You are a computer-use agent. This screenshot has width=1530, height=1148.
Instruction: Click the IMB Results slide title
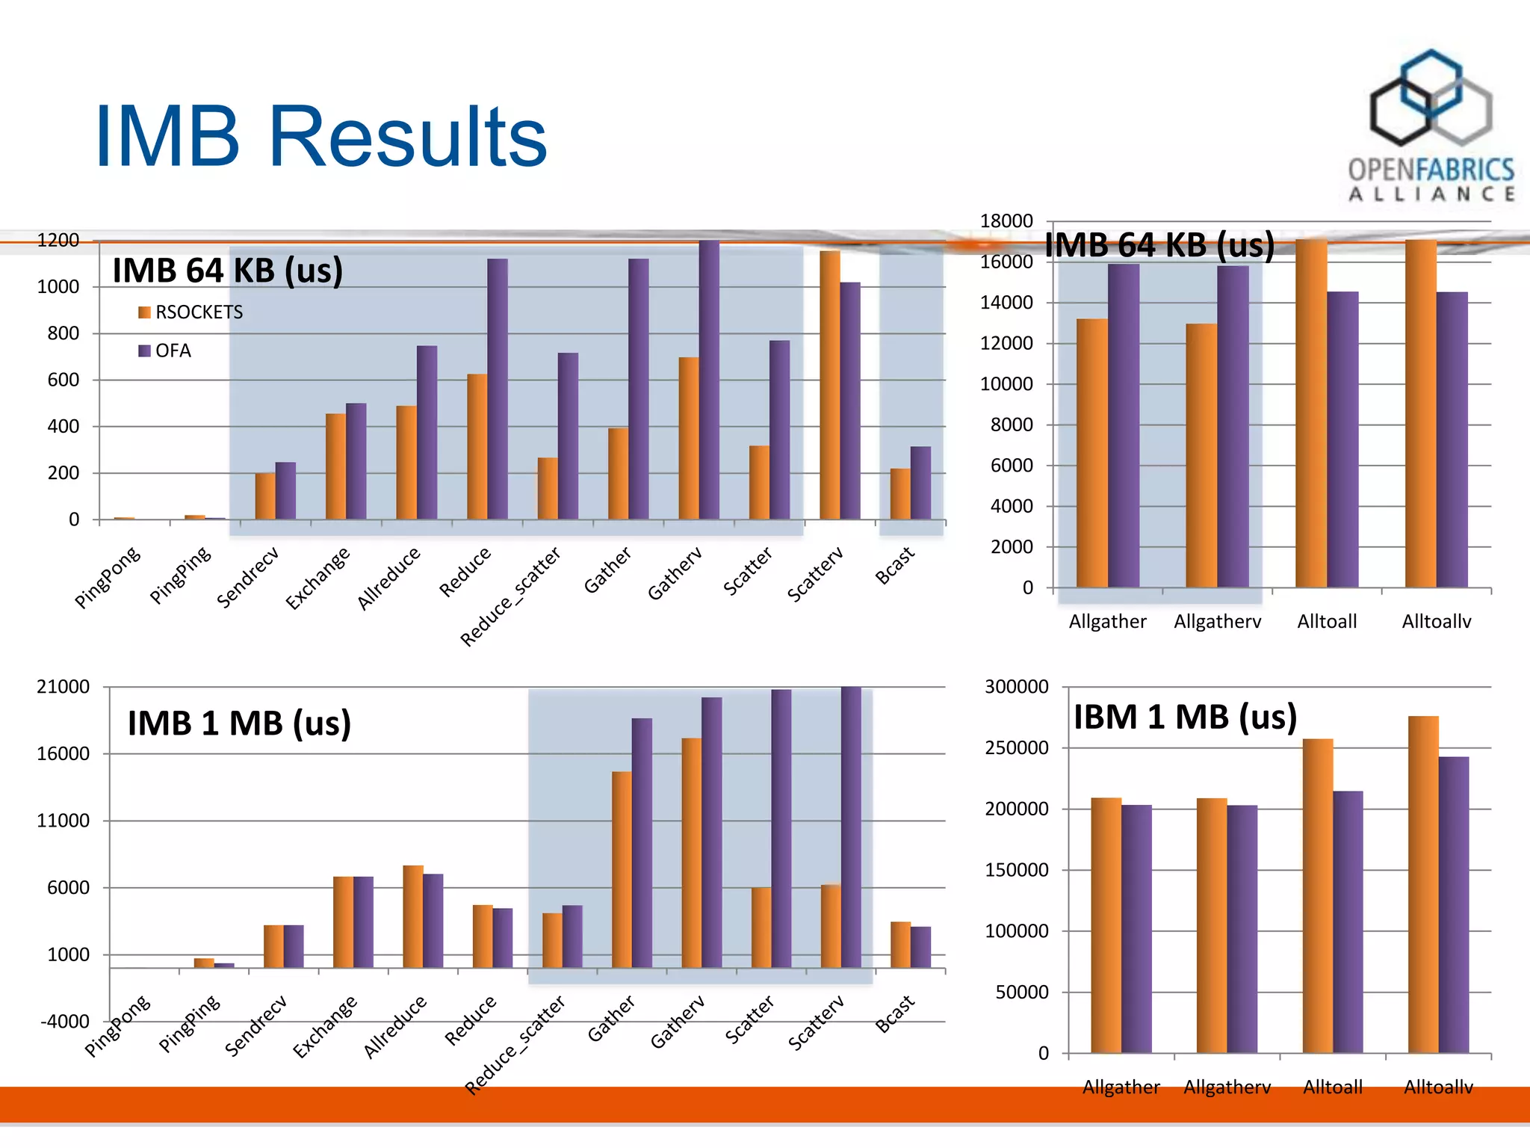321,137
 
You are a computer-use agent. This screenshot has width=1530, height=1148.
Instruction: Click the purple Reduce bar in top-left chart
498,389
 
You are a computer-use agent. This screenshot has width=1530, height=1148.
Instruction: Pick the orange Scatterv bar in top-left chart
829,385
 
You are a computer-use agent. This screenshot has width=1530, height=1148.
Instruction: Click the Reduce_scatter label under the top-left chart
510,596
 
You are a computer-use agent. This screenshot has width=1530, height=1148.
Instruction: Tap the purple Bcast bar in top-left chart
920,483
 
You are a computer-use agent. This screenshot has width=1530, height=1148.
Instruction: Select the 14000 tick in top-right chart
1006,303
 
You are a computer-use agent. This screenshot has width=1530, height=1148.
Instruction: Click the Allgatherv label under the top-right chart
1217,622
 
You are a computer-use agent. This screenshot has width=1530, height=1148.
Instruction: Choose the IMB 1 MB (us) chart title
239,723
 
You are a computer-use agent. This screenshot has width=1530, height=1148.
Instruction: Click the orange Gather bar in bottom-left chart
622,869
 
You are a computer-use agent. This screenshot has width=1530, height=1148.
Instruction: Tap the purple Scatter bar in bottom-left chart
781,828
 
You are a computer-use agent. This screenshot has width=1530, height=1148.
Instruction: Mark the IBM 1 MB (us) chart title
1185,717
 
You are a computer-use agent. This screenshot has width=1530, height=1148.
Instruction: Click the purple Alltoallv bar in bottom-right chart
1454,904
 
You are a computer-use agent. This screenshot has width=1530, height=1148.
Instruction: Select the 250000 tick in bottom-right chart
1017,748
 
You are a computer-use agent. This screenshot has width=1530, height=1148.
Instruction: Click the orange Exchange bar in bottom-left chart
343,922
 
